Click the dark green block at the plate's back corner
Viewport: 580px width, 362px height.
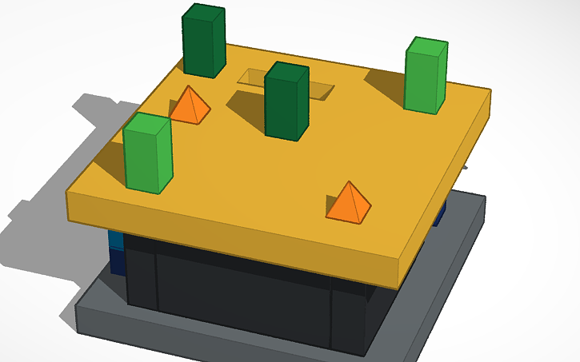(203, 42)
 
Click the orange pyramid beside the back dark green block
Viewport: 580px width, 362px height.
(190, 106)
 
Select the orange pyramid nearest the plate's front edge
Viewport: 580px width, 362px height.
(348, 203)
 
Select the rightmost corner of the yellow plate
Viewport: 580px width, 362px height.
(489, 92)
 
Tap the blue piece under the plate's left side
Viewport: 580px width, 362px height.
(117, 252)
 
